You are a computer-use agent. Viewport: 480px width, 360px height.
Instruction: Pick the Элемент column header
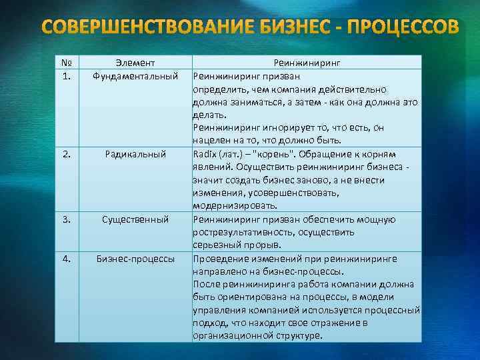pyautogui.click(x=135, y=63)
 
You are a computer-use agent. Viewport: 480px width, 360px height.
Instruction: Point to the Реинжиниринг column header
pyautogui.click(x=307, y=63)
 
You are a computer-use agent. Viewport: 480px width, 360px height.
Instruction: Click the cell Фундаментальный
pyautogui.click(x=135, y=75)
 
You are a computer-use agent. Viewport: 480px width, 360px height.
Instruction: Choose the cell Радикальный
pyautogui.click(x=135, y=154)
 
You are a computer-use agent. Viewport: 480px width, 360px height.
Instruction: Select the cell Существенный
pyautogui.click(x=135, y=219)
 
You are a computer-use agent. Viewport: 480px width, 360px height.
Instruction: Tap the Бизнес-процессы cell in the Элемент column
pyautogui.click(x=135, y=258)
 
